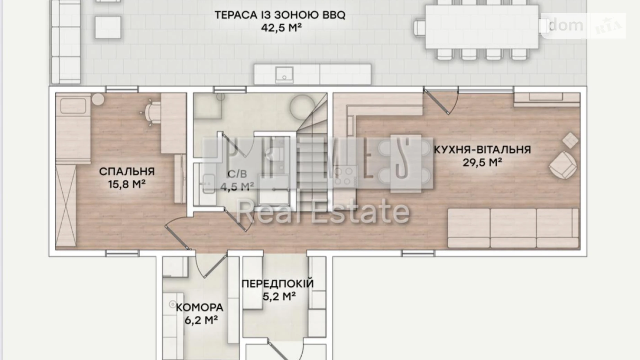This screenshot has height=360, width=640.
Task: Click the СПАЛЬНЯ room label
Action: click(127, 171)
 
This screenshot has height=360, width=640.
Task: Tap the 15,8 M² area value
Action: click(127, 184)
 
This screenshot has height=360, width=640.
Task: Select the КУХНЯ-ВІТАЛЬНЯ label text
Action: click(482, 150)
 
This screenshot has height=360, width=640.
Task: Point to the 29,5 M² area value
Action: click(482, 162)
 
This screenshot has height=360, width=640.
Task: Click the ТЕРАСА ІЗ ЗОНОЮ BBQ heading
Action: click(280, 15)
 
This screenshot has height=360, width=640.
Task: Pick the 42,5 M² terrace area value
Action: click(281, 28)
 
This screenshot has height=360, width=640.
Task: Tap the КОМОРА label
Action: click(200, 307)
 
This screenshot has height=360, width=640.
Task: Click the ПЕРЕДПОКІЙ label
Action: click(278, 283)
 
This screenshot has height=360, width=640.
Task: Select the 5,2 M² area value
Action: click(279, 296)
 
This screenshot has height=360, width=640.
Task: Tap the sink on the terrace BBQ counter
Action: click(284, 75)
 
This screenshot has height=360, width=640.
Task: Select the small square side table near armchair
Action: click(570, 140)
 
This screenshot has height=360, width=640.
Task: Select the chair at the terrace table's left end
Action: click(419, 27)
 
